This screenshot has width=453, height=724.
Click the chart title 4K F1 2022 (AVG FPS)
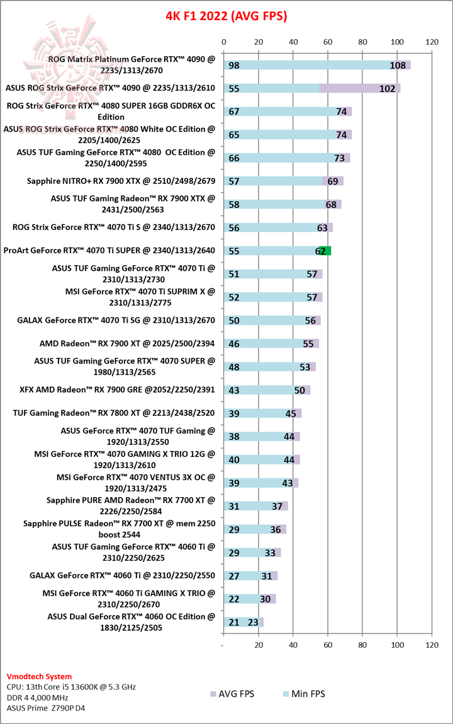226,16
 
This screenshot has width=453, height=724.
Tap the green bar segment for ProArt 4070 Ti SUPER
325,251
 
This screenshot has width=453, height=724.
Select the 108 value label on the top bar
398,66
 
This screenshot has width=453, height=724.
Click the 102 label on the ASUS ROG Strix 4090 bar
388,89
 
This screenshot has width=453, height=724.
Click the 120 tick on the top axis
432,42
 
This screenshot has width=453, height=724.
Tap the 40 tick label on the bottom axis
293,645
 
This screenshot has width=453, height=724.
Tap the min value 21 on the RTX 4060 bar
234,622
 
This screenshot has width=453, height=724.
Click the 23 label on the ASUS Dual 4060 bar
253,622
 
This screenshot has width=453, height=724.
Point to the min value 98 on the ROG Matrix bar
234,66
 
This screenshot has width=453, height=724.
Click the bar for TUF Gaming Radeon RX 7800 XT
262,413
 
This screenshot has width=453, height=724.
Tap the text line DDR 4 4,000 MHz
37,697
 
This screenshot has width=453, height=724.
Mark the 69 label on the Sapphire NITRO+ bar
332,181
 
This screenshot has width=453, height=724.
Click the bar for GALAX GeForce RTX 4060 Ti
250,576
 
